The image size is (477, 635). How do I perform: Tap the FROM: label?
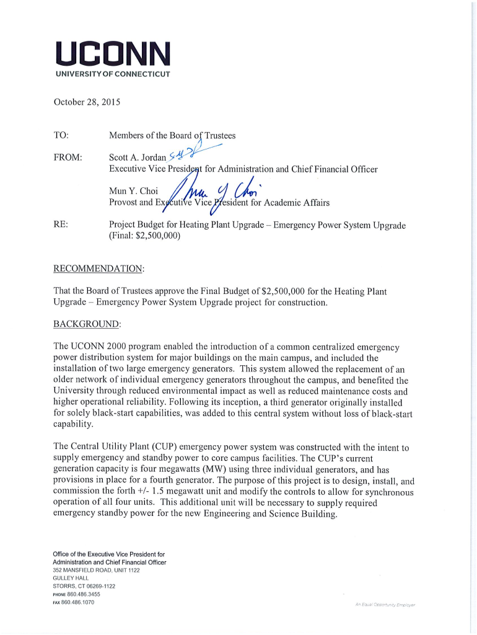point(69,158)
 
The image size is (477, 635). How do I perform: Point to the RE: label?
point(61,224)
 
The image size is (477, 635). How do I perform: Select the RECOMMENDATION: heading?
point(99,269)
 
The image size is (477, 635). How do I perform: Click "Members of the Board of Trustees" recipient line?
point(172,136)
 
